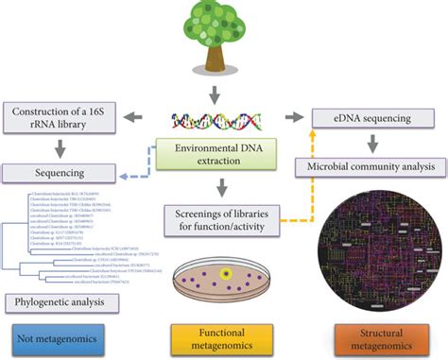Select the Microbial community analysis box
click(370, 167)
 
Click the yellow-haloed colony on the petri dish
click(225, 275)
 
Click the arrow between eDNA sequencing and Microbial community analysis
click(370, 142)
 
